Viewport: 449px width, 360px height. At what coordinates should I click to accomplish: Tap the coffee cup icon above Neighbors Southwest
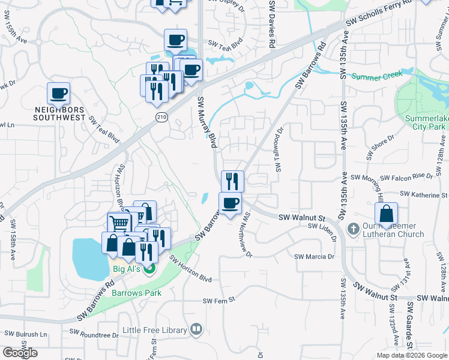click(x=59, y=94)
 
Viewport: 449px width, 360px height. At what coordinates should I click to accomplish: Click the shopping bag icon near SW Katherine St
click(x=386, y=213)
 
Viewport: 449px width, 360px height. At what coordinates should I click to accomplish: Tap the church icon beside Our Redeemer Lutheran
click(x=354, y=229)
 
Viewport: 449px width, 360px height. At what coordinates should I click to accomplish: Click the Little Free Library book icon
click(x=196, y=329)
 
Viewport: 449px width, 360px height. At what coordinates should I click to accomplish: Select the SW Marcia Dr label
click(x=314, y=256)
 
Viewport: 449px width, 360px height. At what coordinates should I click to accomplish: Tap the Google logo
click(x=20, y=353)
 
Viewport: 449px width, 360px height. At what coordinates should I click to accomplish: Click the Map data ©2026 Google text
click(x=412, y=355)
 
